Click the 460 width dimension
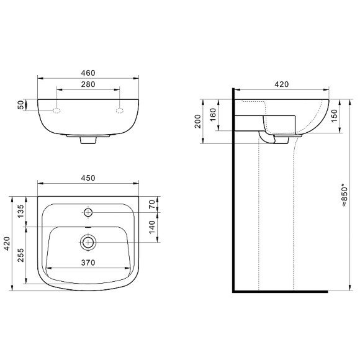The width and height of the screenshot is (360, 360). click(x=88, y=73)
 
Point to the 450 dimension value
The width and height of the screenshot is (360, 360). click(x=88, y=178)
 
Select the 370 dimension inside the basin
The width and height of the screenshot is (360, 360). click(x=88, y=263)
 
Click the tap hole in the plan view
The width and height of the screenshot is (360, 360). click(x=88, y=213)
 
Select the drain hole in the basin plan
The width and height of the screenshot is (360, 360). click(x=88, y=241)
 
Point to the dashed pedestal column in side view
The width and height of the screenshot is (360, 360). click(x=276, y=217)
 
